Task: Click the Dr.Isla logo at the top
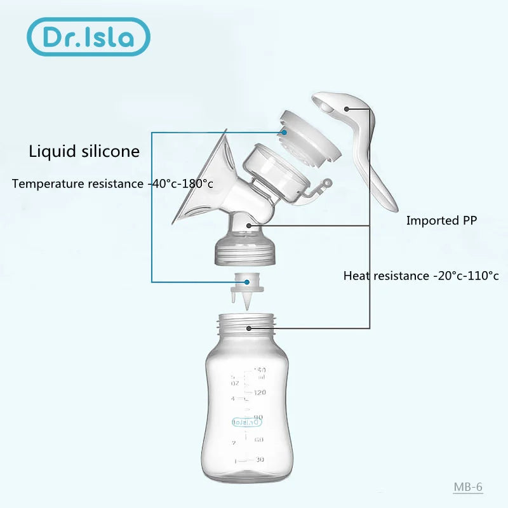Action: click(x=88, y=36)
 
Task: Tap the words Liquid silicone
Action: click(x=84, y=152)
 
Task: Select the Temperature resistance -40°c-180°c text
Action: click(x=112, y=184)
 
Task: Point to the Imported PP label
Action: click(x=441, y=221)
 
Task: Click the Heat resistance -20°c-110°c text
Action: click(x=421, y=276)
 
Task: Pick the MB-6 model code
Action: click(x=468, y=487)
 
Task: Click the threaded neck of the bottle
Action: click(x=249, y=328)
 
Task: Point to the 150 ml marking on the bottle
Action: click(x=259, y=370)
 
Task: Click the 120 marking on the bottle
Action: click(x=259, y=392)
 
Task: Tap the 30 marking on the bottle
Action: click(x=259, y=459)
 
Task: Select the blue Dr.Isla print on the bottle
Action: click(x=247, y=420)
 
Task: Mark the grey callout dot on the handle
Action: click(x=347, y=109)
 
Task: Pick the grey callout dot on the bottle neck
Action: click(x=249, y=328)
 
